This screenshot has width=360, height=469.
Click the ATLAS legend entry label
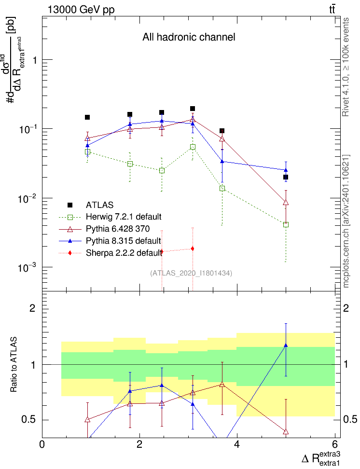click(99, 205)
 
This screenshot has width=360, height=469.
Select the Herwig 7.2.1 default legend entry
click(124, 217)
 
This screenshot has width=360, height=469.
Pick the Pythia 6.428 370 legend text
click(118, 229)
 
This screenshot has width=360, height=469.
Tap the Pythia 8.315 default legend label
click(123, 241)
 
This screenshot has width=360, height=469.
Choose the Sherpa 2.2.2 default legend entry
click(124, 253)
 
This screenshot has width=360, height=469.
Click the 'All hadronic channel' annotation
click(189, 37)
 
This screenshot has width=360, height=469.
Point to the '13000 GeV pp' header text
click(81, 10)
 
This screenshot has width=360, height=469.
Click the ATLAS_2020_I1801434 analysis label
click(191, 273)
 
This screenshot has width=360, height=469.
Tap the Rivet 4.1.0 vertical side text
click(346, 67)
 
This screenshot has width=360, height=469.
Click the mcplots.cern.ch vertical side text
click(346, 221)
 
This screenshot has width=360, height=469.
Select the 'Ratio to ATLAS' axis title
click(14, 364)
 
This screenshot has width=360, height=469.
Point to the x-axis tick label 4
click(237, 444)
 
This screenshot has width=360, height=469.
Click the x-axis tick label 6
click(334, 444)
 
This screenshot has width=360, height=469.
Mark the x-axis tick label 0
click(42, 444)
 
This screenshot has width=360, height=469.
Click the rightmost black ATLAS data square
click(286, 177)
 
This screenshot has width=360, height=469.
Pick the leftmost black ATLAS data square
click(87, 117)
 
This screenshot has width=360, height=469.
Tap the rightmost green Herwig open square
click(286, 225)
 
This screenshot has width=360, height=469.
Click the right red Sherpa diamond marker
click(193, 248)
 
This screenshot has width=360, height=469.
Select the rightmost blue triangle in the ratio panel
click(286, 345)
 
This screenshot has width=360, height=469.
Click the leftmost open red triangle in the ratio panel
click(87, 420)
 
